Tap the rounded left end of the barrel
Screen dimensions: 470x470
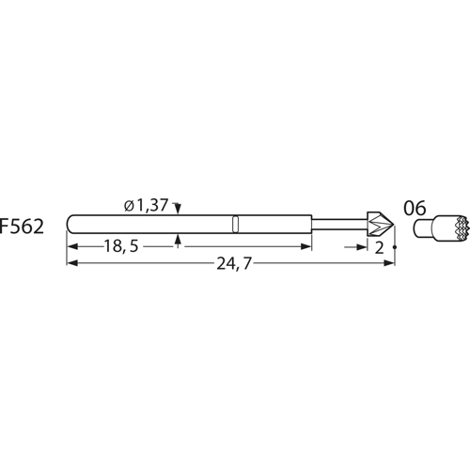[x=71, y=225]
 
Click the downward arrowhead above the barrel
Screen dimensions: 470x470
[x=178, y=212]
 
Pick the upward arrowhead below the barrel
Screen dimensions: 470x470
[x=178, y=238]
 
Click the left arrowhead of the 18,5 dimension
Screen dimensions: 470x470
[x=72, y=246]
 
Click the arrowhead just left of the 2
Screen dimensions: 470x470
[x=365, y=246]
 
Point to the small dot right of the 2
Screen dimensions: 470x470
[x=394, y=247]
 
